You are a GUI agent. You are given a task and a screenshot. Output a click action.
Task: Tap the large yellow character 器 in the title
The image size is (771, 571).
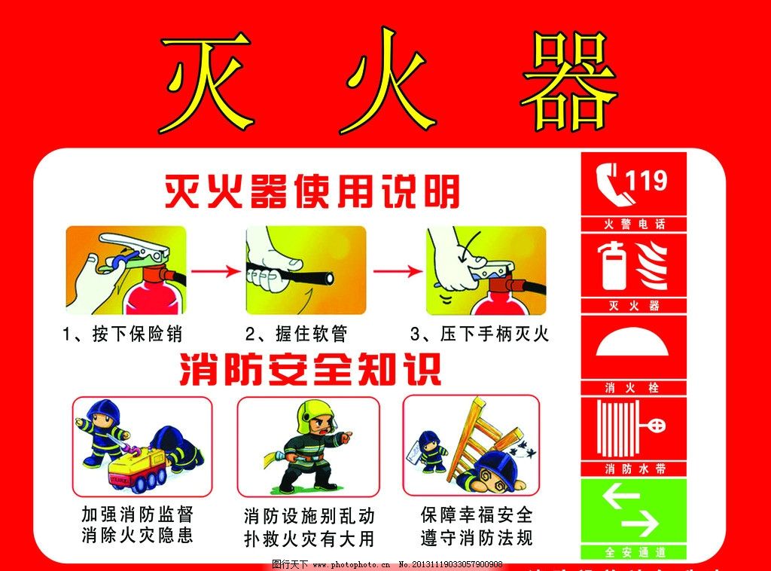[569, 81]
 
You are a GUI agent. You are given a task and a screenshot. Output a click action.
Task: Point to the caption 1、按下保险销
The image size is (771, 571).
[123, 334]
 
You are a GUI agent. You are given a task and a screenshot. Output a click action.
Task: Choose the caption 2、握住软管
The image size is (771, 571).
[297, 334]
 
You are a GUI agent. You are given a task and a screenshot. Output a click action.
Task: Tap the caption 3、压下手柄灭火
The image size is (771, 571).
[480, 334]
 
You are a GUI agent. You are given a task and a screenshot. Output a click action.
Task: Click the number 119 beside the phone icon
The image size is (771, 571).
[646, 181]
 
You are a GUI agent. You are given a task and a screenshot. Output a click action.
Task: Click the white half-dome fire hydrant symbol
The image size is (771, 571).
[633, 343]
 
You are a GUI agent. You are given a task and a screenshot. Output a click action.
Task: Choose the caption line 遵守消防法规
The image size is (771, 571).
[477, 538]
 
